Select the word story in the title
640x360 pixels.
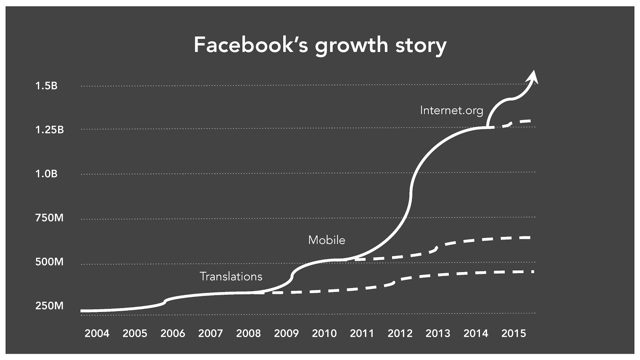click(421, 46)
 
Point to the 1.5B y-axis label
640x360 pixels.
click(46, 86)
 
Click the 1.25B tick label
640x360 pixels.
click(50, 130)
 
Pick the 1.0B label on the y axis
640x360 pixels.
click(46, 174)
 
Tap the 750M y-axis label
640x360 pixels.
click(49, 218)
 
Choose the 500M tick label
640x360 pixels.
click(49, 262)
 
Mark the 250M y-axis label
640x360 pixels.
click(49, 306)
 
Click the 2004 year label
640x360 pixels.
click(97, 333)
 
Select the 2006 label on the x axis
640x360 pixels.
click(173, 333)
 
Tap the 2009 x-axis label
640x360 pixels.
click(286, 333)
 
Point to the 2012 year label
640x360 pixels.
click(400, 333)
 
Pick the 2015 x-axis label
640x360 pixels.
click(514, 333)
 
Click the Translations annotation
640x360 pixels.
click(231, 276)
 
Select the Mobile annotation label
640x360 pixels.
click(326, 240)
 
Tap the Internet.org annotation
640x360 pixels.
click(452, 110)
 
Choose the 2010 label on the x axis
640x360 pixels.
click(324, 333)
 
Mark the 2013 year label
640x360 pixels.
click(438, 333)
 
